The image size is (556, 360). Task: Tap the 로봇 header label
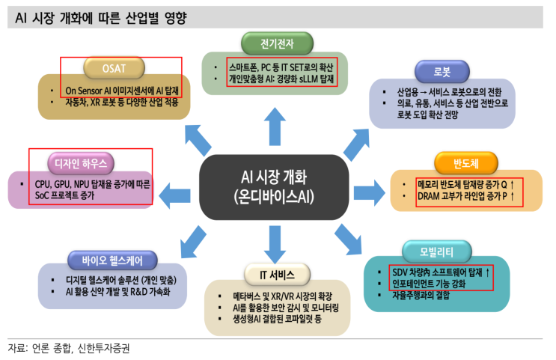(442, 72)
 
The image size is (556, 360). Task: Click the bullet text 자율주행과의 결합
(424, 295)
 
